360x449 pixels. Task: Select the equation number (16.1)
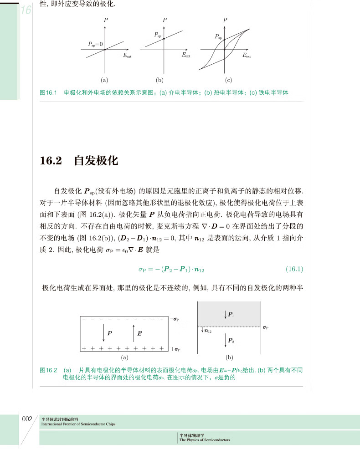pos(294,269)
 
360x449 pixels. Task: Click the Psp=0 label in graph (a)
pos(95,44)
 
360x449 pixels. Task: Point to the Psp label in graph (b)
pos(158,35)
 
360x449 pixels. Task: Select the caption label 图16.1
pos(48,92)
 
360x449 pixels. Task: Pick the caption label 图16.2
pos(48,370)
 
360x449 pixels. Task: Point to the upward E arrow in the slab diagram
pos(133,333)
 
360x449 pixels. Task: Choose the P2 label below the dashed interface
pos(231,340)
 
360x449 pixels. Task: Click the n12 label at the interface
pos(208,332)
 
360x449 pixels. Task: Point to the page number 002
pos(27,419)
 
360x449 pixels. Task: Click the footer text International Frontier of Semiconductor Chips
pos(78,424)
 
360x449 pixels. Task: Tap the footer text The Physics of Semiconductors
pos(205,440)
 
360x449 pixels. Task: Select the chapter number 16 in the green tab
pos(26,10)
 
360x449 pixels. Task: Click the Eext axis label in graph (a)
pos(127,56)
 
